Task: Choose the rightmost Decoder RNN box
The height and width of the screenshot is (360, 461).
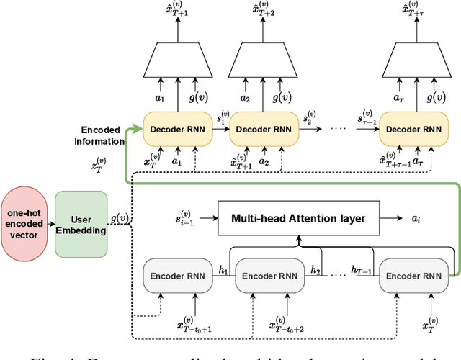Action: click(x=411, y=130)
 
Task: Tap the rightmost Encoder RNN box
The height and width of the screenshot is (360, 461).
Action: click(x=411, y=275)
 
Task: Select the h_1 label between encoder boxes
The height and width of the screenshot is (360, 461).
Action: click(x=223, y=269)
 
